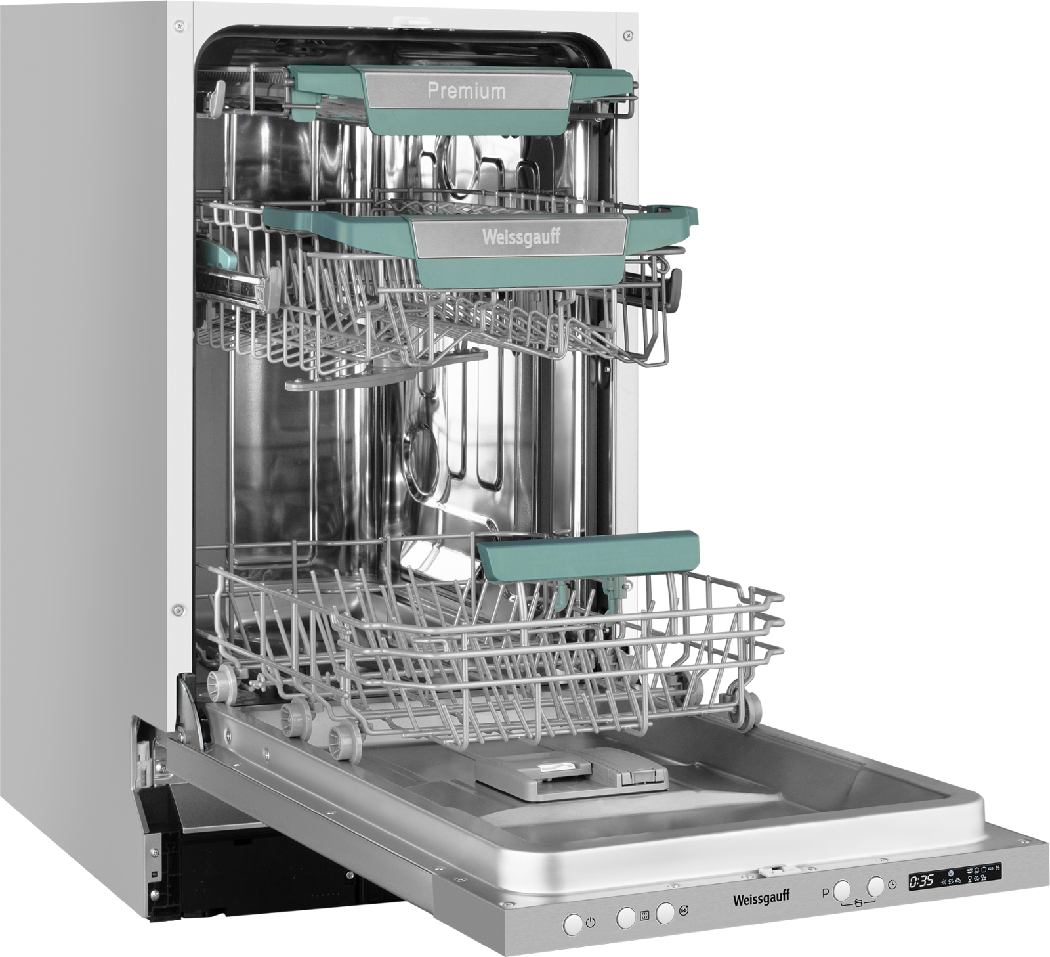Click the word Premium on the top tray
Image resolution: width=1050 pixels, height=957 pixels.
click(467, 91)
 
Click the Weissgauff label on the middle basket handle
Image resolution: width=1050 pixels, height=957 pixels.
click(522, 237)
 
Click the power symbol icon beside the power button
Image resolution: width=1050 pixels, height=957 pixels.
click(590, 923)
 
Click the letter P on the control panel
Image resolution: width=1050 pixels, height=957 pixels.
click(825, 893)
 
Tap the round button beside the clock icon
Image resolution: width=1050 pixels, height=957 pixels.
click(875, 886)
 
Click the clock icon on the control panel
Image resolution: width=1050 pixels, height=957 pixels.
click(892, 885)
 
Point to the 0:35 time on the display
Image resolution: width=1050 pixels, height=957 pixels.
click(921, 880)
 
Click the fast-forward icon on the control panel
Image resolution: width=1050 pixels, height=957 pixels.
click(684, 910)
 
